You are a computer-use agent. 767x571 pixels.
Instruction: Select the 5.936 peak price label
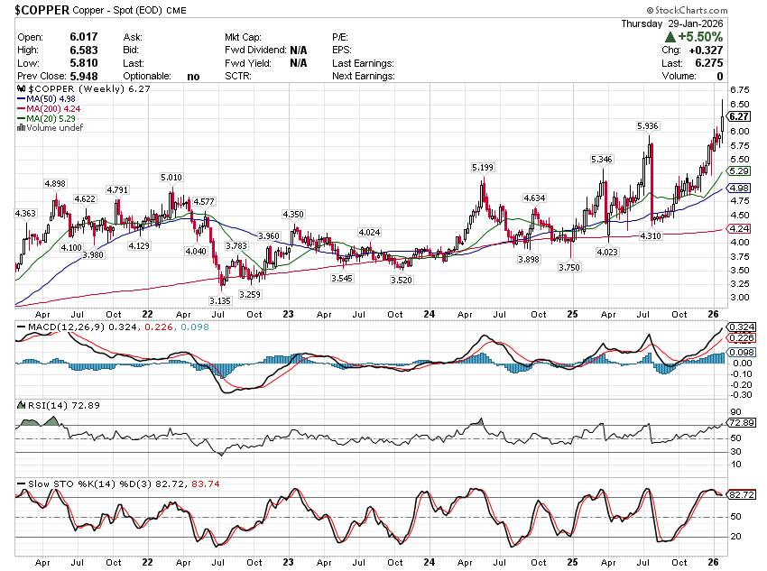coord(645,125)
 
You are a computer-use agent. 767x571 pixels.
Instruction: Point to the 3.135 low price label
coord(220,300)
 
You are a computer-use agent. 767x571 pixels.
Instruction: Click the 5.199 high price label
coord(482,168)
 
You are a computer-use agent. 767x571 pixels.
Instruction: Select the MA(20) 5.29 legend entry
coord(51,119)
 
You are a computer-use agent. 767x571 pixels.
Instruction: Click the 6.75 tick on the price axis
coord(739,90)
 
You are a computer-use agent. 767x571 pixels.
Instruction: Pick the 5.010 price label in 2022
coord(171,178)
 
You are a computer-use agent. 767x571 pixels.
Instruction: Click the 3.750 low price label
coord(568,268)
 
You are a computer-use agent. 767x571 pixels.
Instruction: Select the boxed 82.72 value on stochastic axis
coord(739,495)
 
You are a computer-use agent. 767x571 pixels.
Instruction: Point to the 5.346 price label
coord(601,160)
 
